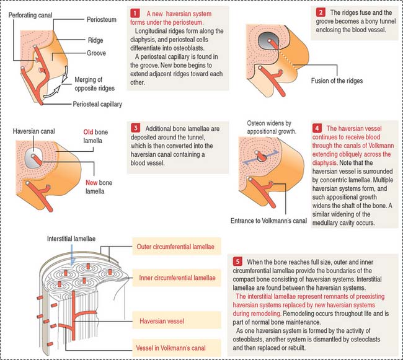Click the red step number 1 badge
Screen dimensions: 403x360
click(x=135, y=13)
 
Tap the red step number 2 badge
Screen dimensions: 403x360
click(x=321, y=12)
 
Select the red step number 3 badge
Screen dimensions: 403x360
click(x=135, y=128)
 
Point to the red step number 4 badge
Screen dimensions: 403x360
click(x=317, y=128)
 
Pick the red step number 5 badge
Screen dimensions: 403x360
click(x=237, y=261)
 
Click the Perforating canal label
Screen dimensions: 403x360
click(x=30, y=15)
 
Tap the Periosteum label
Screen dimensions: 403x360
click(x=102, y=19)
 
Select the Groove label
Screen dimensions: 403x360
click(x=96, y=53)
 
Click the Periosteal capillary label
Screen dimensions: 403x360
click(x=97, y=104)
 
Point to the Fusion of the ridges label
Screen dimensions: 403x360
click(x=337, y=81)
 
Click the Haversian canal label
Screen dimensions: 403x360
click(x=33, y=131)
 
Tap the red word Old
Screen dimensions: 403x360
click(x=88, y=132)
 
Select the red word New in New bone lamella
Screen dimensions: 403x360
click(x=92, y=183)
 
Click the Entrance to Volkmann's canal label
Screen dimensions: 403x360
click(x=268, y=221)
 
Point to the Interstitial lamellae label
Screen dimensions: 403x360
click(x=71, y=239)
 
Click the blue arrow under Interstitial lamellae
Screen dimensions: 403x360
click(x=72, y=255)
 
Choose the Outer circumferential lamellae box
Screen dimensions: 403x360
click(x=177, y=247)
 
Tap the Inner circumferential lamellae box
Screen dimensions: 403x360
click(x=177, y=278)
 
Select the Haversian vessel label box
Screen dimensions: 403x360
click(x=177, y=320)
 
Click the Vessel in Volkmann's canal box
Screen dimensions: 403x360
click(x=177, y=348)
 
